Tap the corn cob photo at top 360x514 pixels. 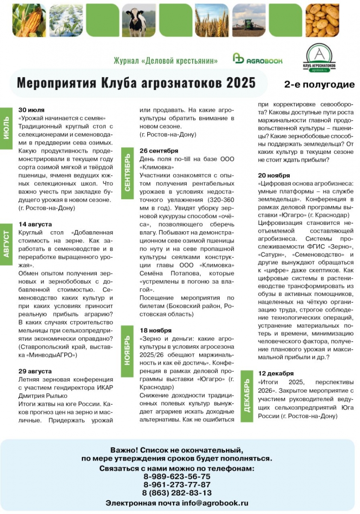[29, 20]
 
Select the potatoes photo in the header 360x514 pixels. [322, 20]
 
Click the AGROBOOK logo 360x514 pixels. [258, 60]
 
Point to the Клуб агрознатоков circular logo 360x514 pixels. [321, 57]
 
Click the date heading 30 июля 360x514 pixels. [32, 110]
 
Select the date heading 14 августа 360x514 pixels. [35, 224]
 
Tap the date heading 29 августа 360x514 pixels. [35, 371]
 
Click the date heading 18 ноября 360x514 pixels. [155, 330]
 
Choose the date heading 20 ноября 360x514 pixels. [274, 175]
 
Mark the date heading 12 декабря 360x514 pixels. [276, 373]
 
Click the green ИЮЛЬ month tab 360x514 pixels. [6, 127]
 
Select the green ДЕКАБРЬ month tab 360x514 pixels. [247, 395]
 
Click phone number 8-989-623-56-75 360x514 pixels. [177, 476]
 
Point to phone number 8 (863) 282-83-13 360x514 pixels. [177, 493]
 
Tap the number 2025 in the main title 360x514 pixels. [235, 82]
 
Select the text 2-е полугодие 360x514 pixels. [319, 84]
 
